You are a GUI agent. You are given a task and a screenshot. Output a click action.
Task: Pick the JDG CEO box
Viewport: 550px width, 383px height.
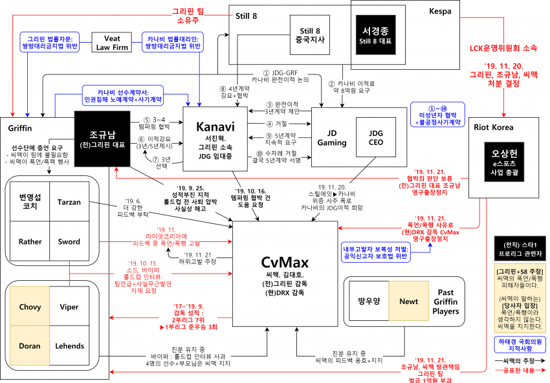click(x=376, y=137)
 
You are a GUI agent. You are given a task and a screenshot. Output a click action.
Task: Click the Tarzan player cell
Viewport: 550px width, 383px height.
click(x=69, y=202)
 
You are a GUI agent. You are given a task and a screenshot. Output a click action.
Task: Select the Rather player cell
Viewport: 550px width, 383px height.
click(x=30, y=242)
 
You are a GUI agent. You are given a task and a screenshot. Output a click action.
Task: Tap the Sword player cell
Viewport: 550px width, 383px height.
click(x=69, y=242)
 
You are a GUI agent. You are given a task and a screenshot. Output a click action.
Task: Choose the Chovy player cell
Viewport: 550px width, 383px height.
click(x=30, y=307)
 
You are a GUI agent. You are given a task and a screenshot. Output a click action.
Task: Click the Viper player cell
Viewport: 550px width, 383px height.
click(x=69, y=307)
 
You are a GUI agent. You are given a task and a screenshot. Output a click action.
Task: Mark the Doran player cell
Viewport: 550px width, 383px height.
click(x=30, y=346)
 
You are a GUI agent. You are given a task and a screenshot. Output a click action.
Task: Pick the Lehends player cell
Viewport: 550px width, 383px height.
click(x=69, y=346)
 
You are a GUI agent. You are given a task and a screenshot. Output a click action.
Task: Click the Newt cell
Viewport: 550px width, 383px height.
click(x=408, y=301)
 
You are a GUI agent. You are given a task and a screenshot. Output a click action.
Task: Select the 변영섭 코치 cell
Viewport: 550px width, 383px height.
click(x=30, y=202)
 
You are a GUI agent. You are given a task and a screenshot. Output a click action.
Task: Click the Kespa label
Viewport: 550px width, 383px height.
click(x=440, y=11)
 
